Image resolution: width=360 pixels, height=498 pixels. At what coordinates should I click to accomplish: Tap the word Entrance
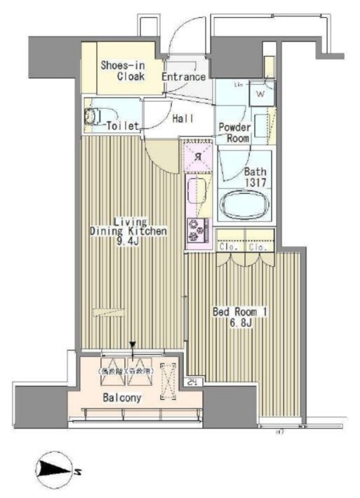tap(183, 77)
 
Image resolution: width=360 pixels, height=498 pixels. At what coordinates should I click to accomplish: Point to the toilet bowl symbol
tap(92, 117)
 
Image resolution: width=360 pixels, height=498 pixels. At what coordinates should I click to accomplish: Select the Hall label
tap(183, 118)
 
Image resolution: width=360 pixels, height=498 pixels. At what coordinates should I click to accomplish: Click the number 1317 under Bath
tap(256, 184)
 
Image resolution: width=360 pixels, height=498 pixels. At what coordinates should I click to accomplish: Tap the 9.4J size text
tap(129, 242)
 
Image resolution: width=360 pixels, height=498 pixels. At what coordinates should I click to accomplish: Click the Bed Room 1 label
tap(240, 312)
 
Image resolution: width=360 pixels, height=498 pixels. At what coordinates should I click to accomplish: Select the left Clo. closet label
tap(229, 248)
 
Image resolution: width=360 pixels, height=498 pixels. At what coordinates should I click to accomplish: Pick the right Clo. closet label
tap(259, 248)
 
